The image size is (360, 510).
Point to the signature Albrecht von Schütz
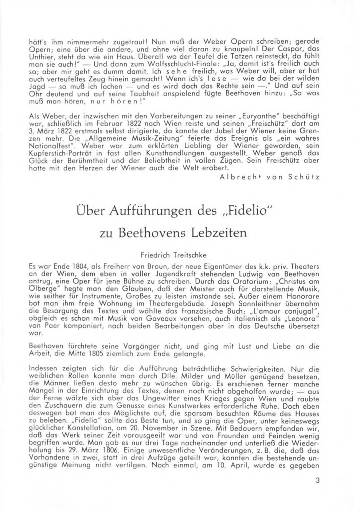(x=270, y=177)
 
